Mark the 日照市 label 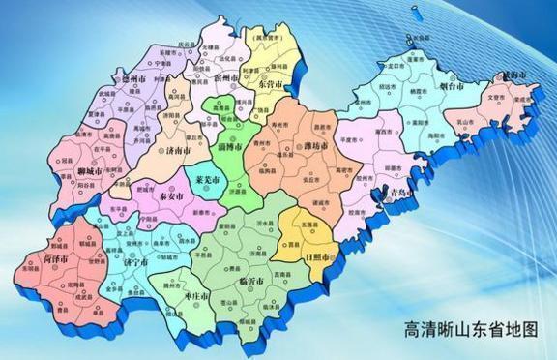(317, 258)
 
